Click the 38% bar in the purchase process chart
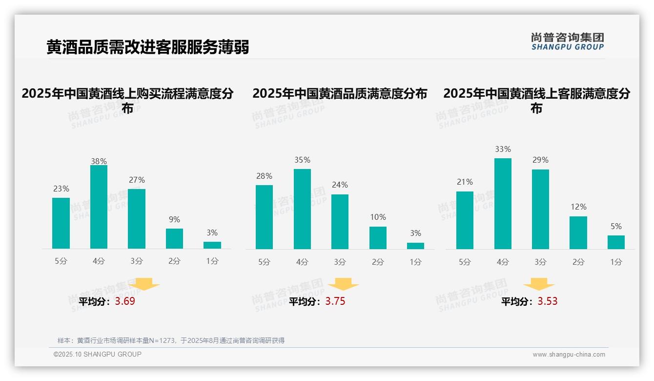pos(99,207)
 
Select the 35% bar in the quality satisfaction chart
pos(302,209)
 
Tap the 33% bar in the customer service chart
pos(503,204)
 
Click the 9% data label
pos(174,220)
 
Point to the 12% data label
pos(578,207)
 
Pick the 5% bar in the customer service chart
pos(616,242)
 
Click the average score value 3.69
pos(125,301)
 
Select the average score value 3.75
pos(335,301)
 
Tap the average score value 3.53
pos(548,301)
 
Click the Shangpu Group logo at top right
pos(567,42)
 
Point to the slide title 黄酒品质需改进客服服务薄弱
pos(148,47)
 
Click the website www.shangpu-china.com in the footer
pos(569,355)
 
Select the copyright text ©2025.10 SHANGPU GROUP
pos(98,354)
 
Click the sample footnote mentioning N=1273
pos(171,340)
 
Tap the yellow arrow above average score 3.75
pos(343,284)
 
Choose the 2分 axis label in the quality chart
pos(378,262)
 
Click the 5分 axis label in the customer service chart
pos(465,262)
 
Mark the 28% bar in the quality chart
pos(264,217)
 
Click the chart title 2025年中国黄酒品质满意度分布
pos(340,93)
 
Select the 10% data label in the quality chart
pos(378,217)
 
